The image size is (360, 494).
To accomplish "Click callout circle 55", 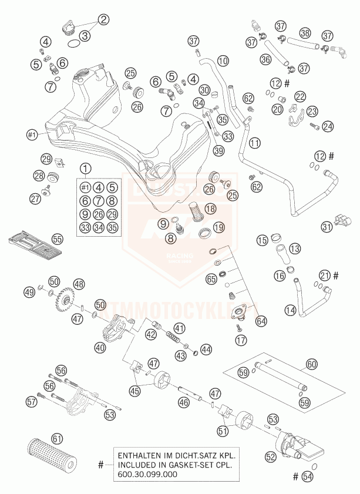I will click(x=56, y=239).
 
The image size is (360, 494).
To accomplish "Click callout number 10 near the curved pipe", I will click(x=222, y=61).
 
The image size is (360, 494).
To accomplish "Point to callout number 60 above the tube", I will click(x=311, y=365).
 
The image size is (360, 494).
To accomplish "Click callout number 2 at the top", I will click(x=103, y=20).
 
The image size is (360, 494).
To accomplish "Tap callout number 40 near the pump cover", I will click(x=100, y=347).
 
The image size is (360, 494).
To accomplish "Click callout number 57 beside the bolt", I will click(x=31, y=402).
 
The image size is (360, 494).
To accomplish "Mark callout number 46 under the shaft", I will click(x=184, y=402).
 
